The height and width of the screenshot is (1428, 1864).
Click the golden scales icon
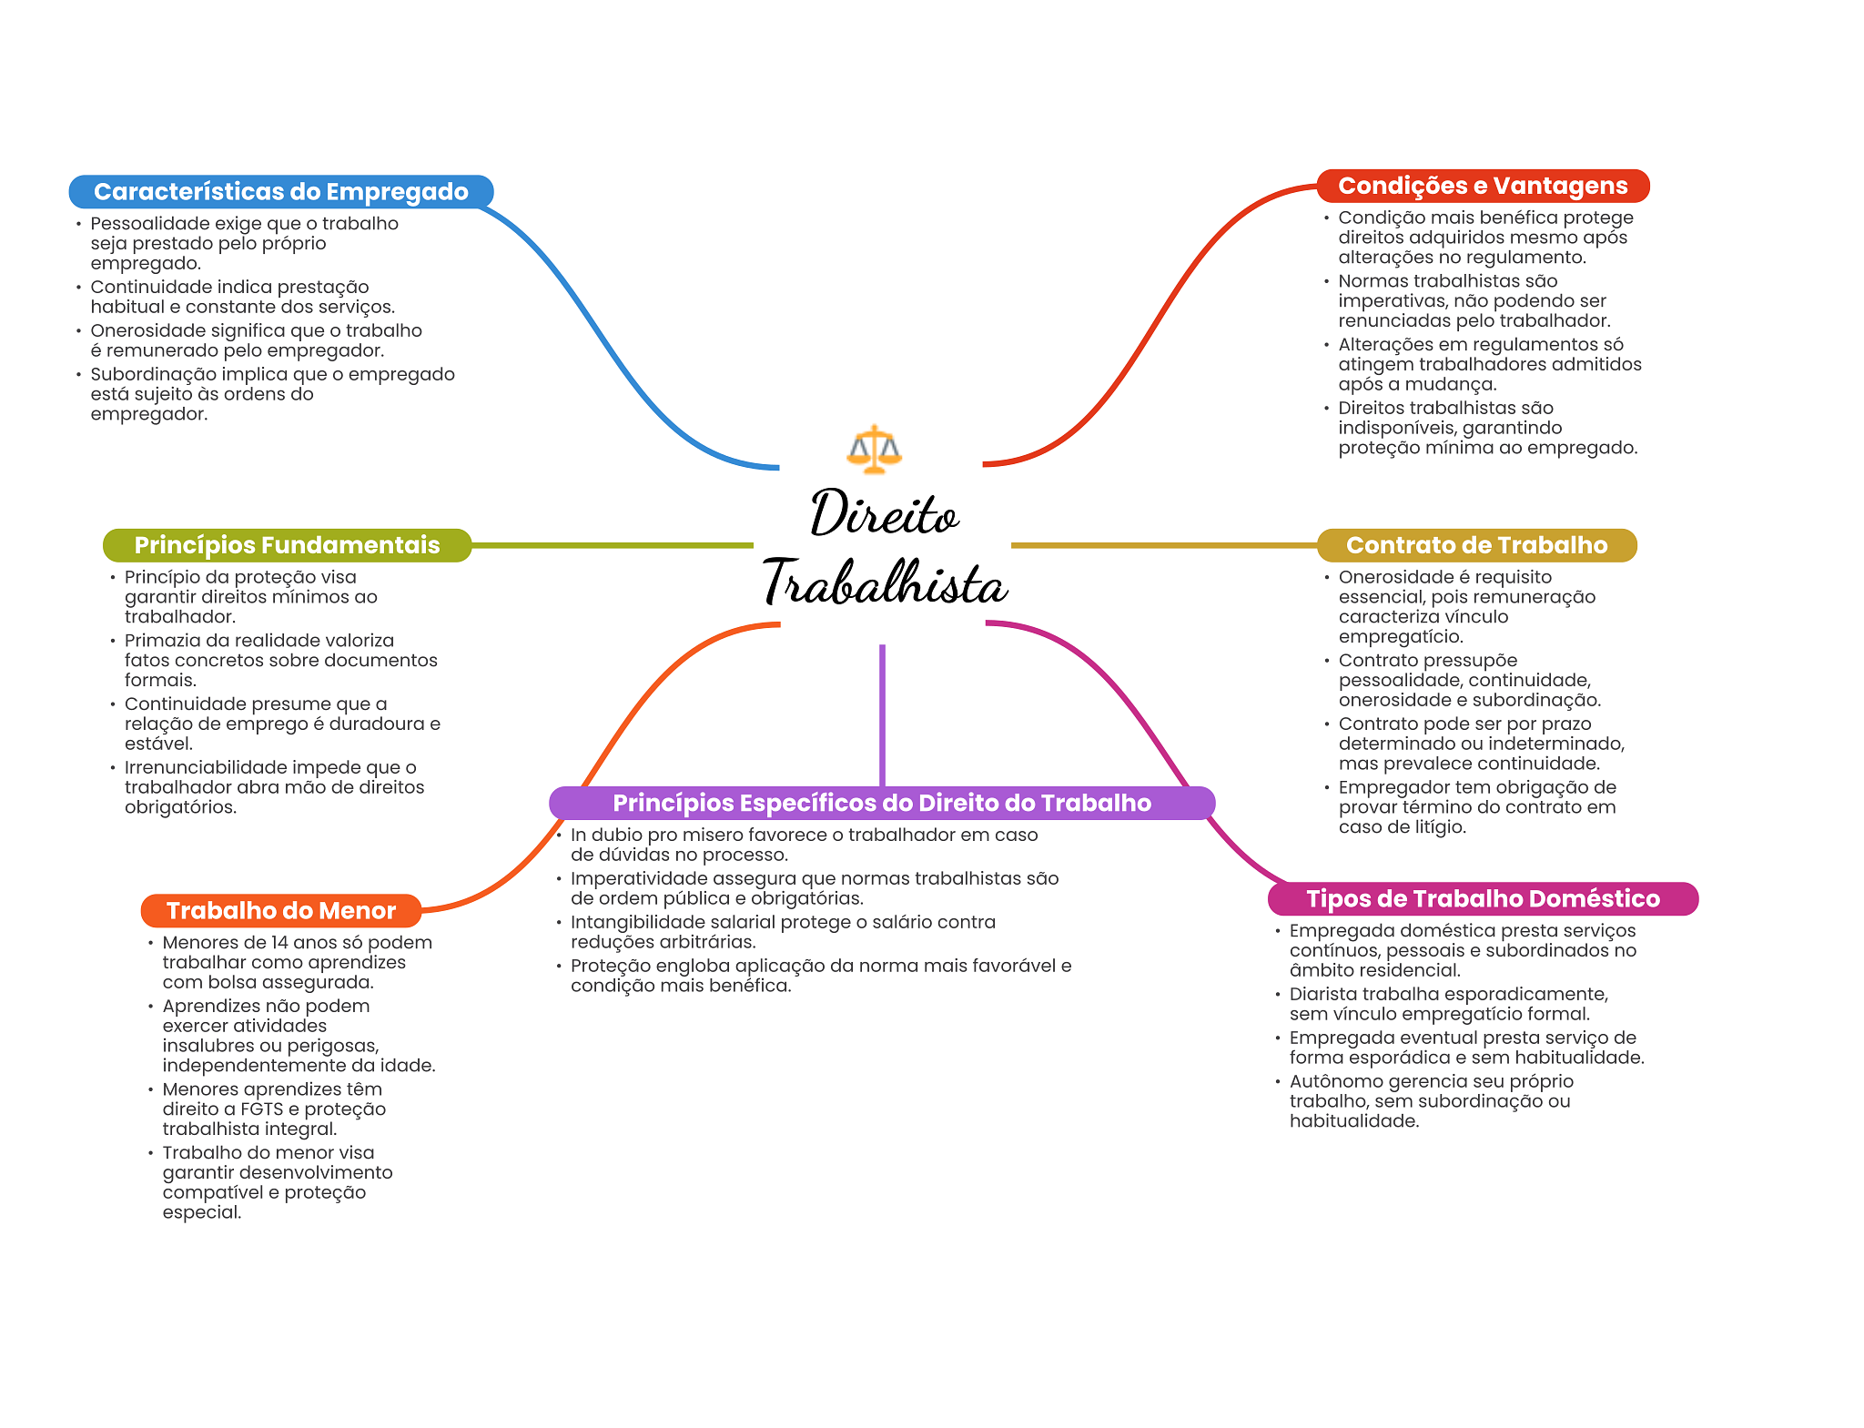point(874,449)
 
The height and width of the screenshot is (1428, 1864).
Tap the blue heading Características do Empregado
point(281,192)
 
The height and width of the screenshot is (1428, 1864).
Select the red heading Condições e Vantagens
point(1483,186)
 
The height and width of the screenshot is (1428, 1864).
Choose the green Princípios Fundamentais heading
point(287,545)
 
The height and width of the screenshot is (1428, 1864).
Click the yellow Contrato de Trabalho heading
point(1476,545)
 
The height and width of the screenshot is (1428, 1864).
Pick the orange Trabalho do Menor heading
point(281,911)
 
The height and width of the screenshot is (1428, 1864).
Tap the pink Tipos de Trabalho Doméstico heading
point(1483,899)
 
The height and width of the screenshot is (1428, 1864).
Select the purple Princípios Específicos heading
point(882,803)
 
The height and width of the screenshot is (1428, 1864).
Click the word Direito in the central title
point(884,514)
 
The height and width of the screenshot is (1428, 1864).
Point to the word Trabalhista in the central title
point(885,583)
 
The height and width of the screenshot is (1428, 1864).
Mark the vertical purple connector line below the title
point(882,714)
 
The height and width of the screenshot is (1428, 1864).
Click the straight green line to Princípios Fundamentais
point(612,546)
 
